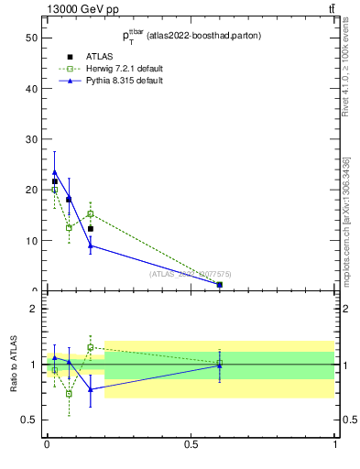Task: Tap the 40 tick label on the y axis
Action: tap(32, 89)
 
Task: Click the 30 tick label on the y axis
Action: tap(32, 139)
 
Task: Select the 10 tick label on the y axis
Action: tap(32, 241)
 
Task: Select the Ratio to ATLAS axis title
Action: tap(14, 365)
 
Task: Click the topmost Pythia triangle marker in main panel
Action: tap(55, 172)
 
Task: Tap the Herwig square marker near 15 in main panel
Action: tap(90, 213)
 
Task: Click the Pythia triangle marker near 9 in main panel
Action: tap(90, 245)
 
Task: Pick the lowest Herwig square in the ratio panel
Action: tap(69, 394)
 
